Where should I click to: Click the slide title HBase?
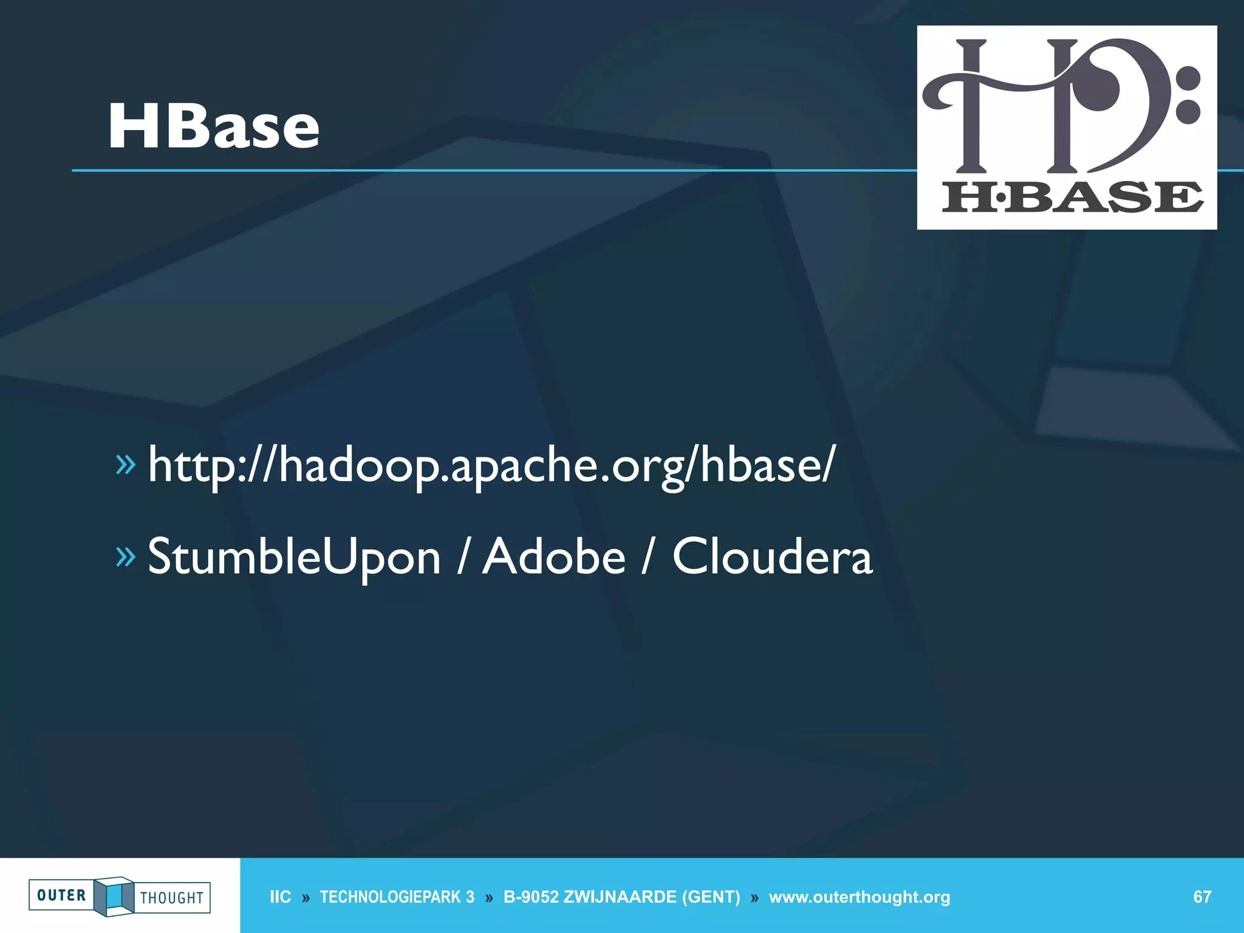[213, 126]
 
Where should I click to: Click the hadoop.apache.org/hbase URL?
[491, 465]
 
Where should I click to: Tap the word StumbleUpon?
[294, 556]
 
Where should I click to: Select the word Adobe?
[553, 556]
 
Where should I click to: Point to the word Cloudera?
[772, 556]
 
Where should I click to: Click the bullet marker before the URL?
[125, 465]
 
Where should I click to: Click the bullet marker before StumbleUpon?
[125, 556]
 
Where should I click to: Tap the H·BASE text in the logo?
[1072, 197]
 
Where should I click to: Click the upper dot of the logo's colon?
[1188, 78]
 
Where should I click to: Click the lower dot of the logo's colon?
[1188, 112]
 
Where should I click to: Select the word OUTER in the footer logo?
[61, 895]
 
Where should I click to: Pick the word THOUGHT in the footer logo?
[172, 898]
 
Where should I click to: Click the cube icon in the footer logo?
[114, 896]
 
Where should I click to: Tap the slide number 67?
[1202, 897]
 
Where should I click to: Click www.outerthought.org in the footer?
[860, 897]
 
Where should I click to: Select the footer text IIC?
[280, 897]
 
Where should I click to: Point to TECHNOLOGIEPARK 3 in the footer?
[397, 897]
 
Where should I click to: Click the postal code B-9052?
[530, 897]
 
